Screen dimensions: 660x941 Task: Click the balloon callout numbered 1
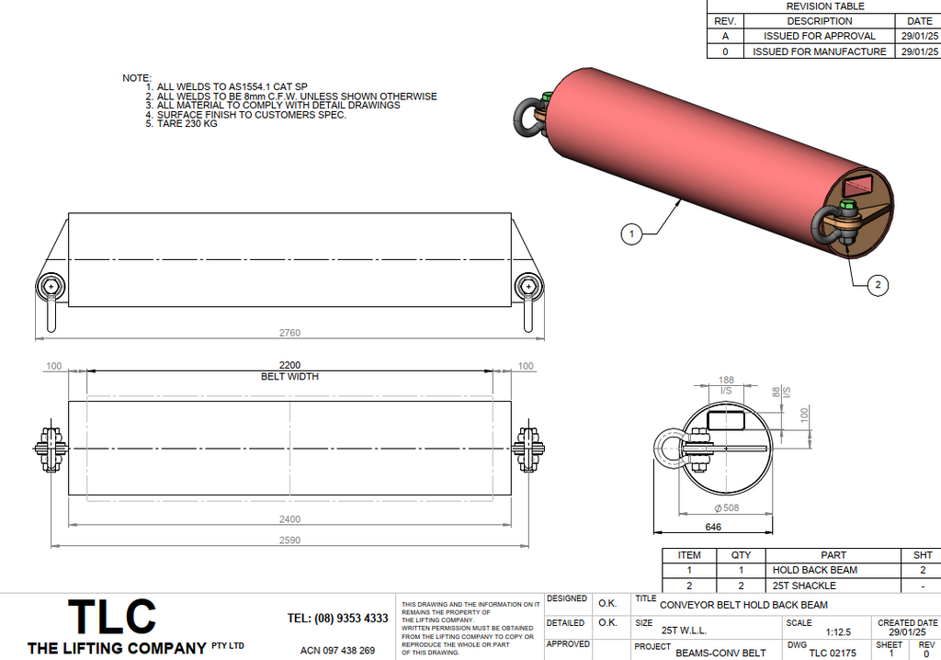[x=630, y=234]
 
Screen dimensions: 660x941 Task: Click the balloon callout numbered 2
[x=877, y=286]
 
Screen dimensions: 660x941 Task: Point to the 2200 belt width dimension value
[x=289, y=365]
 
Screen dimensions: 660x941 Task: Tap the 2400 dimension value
[x=289, y=519]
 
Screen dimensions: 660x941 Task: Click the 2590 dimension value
[x=289, y=541]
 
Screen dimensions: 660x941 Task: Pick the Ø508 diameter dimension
[x=726, y=506]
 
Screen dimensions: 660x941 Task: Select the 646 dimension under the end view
[x=712, y=528]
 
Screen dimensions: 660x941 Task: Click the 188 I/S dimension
[x=726, y=380]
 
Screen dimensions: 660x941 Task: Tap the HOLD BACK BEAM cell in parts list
[x=814, y=570]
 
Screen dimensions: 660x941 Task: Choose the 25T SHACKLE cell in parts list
[x=804, y=586]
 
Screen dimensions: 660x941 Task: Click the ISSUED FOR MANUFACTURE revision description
[x=819, y=51]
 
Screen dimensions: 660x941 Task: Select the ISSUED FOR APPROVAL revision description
[x=819, y=36]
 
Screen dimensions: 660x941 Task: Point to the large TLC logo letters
[x=113, y=617]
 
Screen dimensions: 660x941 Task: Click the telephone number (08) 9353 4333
[x=337, y=619]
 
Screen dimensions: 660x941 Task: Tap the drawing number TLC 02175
[x=832, y=653]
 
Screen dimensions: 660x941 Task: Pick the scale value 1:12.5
[x=839, y=632]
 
